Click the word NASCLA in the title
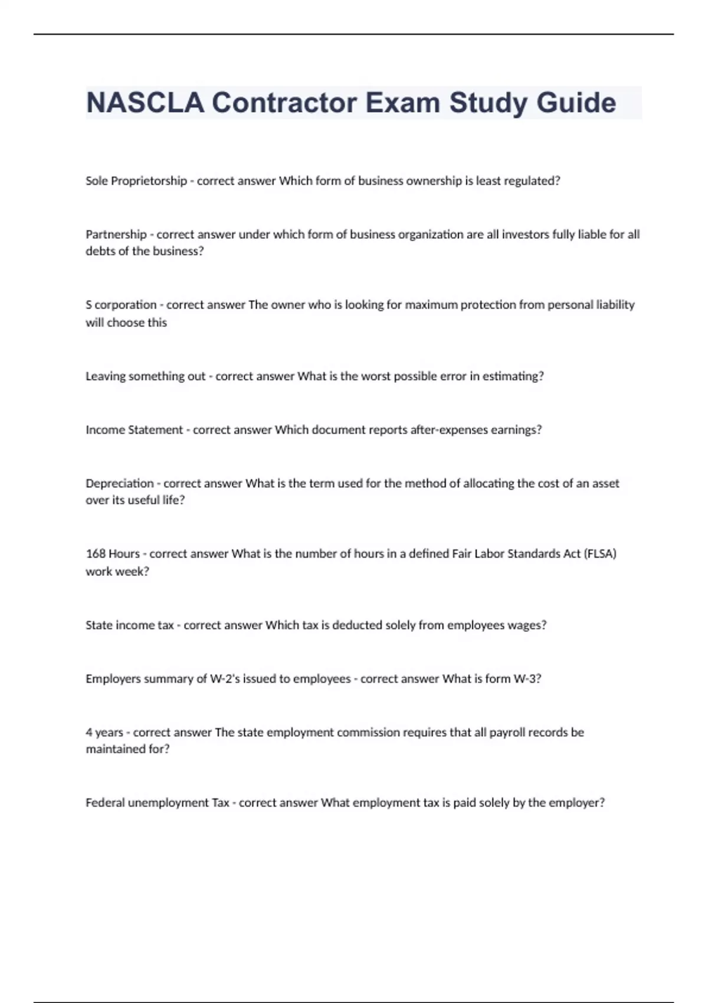[145, 103]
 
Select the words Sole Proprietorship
[136, 181]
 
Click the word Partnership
[116, 234]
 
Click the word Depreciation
[120, 483]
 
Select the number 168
[95, 554]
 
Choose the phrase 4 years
[104, 732]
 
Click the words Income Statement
[135, 430]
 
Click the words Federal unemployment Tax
[158, 802]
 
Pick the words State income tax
[130, 625]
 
